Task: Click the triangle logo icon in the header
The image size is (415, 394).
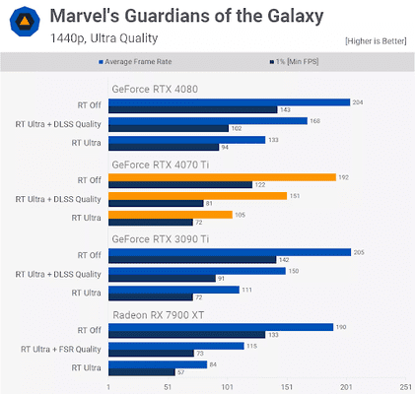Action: (x=22, y=25)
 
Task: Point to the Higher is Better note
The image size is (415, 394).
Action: (x=376, y=40)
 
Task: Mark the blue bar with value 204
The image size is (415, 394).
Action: (x=229, y=101)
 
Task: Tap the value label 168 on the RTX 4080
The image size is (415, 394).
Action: (x=315, y=121)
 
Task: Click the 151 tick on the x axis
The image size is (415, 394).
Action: (x=287, y=387)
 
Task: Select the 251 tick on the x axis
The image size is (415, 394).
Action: (x=405, y=387)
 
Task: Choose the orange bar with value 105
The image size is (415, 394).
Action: (x=170, y=215)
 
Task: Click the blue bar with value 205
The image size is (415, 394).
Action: (x=230, y=252)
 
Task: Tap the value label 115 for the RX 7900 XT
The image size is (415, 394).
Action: (x=252, y=346)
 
